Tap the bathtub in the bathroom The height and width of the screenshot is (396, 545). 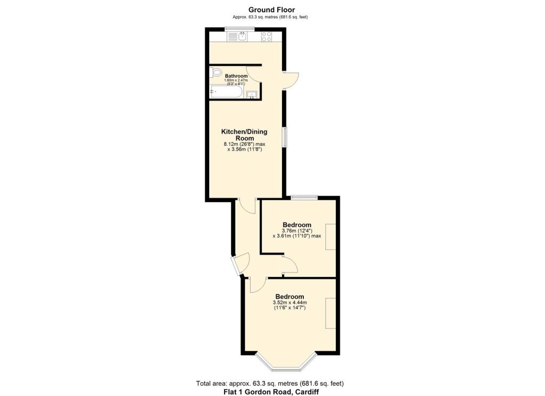coord(227,92)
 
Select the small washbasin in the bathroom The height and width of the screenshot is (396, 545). coord(252,95)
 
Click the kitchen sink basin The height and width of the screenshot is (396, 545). coord(242,36)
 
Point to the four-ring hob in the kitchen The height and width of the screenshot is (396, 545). coord(267,36)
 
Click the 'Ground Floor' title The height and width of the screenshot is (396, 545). coord(271,10)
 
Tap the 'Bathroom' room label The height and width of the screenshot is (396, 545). coord(236,76)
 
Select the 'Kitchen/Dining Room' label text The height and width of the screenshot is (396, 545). coord(244,135)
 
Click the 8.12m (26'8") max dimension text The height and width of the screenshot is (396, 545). coord(244,144)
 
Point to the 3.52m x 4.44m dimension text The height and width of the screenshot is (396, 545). coord(290,303)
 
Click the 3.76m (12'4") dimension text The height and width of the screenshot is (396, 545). coord(296,230)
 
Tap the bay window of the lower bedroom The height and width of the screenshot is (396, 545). coord(286,365)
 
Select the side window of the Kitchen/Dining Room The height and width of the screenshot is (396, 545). coord(285,137)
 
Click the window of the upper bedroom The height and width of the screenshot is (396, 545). coord(304,197)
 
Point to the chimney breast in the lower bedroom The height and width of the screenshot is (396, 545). coord(331,313)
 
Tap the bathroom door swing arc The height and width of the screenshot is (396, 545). coord(253,73)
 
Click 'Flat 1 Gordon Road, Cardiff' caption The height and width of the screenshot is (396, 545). coord(271,392)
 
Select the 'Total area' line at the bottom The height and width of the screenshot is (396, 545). coord(271,383)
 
